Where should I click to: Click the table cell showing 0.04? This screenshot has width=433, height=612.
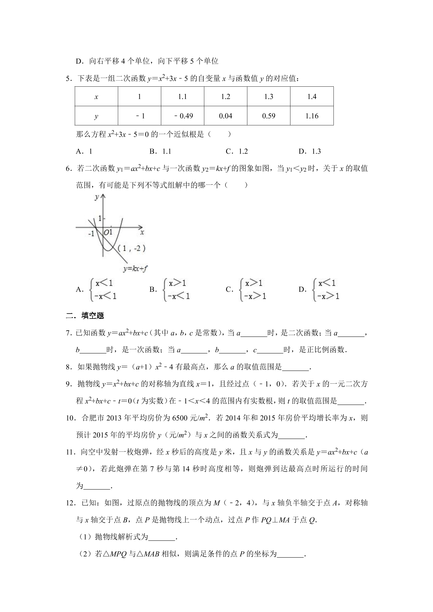tap(226, 116)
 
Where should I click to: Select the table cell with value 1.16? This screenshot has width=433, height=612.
tap(312, 116)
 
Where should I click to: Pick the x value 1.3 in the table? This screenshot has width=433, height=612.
tap(268, 97)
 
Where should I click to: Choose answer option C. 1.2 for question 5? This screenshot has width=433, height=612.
tap(237, 151)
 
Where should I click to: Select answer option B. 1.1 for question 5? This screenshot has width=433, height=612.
tap(160, 151)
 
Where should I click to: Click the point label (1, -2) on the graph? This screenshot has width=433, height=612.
tap(132, 248)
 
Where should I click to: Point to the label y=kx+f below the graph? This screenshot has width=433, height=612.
tap(134, 268)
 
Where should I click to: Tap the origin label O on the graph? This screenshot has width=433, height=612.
tap(106, 232)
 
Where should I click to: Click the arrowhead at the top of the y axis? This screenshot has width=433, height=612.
tap(103, 197)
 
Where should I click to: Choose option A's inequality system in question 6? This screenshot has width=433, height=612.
tap(103, 289)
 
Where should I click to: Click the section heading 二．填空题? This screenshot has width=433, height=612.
tap(85, 316)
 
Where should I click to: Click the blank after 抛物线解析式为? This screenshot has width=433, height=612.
tap(162, 538)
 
